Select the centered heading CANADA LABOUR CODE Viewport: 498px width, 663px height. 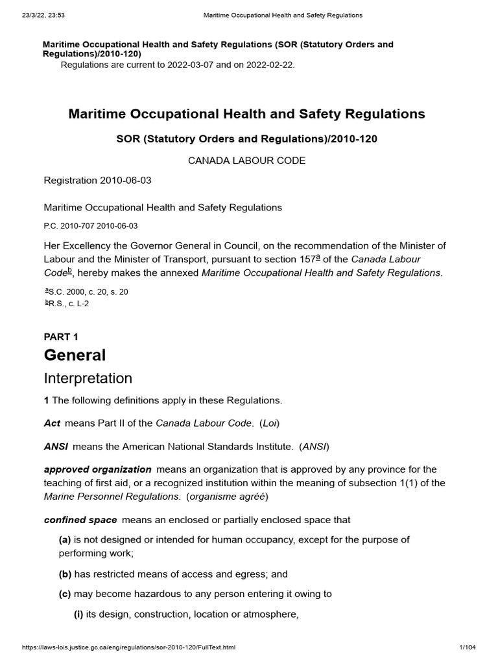pyautogui.click(x=246, y=161)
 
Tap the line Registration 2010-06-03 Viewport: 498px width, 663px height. pyautogui.click(x=97, y=181)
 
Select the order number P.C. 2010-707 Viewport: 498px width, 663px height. pyautogui.click(x=69, y=226)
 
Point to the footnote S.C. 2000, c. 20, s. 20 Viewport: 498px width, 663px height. pyautogui.click(x=88, y=292)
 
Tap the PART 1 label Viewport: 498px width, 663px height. pyautogui.click(x=61, y=337)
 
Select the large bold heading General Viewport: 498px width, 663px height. pyautogui.click(x=75, y=355)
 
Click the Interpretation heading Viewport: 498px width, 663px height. pyautogui.click(x=88, y=379)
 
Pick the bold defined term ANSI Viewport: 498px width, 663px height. pyautogui.click(x=56, y=446)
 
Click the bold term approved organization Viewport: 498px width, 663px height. pyautogui.click(x=97, y=469)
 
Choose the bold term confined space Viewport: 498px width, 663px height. pyautogui.click(x=80, y=520)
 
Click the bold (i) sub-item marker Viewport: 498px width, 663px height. pyautogui.click(x=79, y=614)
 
